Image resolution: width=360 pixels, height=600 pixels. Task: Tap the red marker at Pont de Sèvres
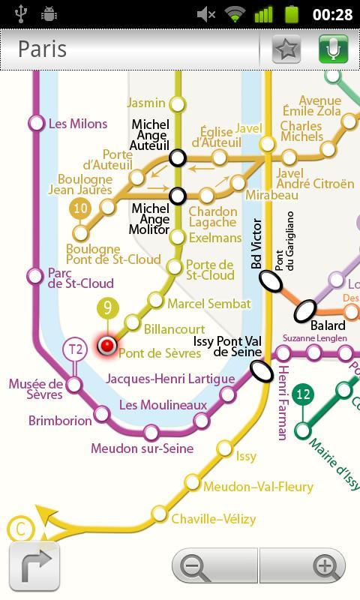tap(107, 346)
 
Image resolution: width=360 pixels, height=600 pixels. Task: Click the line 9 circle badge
tap(108, 308)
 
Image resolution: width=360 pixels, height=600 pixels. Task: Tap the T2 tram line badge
tap(75, 349)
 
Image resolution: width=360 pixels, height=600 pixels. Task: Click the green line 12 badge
tap(303, 394)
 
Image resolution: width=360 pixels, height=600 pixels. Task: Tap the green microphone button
tap(334, 49)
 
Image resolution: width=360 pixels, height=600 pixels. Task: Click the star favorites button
tap(286, 49)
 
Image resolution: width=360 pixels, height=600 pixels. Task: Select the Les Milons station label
tap(78, 124)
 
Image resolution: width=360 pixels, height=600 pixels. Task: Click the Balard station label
tap(328, 325)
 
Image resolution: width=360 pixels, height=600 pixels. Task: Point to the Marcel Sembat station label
tap(208, 304)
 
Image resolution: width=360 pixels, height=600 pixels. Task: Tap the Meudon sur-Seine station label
tap(142, 448)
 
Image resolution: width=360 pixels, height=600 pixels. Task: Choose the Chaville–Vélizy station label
tap(214, 518)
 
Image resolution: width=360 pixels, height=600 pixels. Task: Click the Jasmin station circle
tap(178, 103)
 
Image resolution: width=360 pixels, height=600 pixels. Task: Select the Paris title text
tap(43, 49)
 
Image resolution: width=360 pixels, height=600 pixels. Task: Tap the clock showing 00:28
tap(332, 14)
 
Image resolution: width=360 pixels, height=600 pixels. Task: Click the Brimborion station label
tap(60, 421)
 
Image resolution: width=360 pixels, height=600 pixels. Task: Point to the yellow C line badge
tap(20, 529)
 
